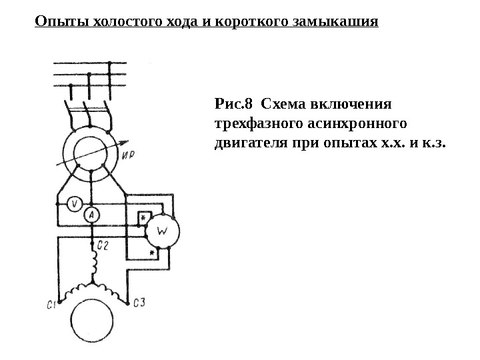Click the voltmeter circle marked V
pyautogui.click(x=75, y=204)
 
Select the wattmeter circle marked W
pyautogui.click(x=162, y=232)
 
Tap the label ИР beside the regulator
pyautogui.click(x=130, y=155)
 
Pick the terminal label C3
pyautogui.click(x=139, y=303)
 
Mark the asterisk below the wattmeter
pyautogui.click(x=152, y=254)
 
